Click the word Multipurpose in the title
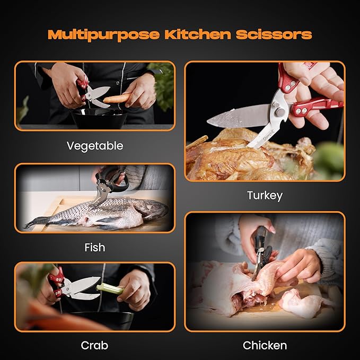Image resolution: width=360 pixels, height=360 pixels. [x=103, y=34]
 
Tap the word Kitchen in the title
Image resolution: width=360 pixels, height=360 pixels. [x=198, y=34]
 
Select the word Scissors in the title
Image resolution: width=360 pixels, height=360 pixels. [x=274, y=34]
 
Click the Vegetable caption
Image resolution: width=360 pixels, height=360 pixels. [x=95, y=146]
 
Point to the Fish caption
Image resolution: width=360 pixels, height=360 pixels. [x=95, y=248]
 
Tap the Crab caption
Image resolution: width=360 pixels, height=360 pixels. [x=94, y=345]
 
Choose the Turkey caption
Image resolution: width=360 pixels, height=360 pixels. [x=265, y=196]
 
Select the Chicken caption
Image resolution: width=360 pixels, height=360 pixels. [x=265, y=345]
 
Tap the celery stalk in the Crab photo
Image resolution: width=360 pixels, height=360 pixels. [x=110, y=289]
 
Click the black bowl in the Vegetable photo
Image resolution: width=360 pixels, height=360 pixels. [x=99, y=118]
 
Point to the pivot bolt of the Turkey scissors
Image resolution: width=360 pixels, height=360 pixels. [x=280, y=112]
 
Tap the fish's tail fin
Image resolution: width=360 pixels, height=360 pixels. [x=34, y=222]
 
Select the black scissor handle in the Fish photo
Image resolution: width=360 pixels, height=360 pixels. [x=113, y=179]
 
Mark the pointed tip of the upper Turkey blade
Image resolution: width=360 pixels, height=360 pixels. [x=207, y=121]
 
